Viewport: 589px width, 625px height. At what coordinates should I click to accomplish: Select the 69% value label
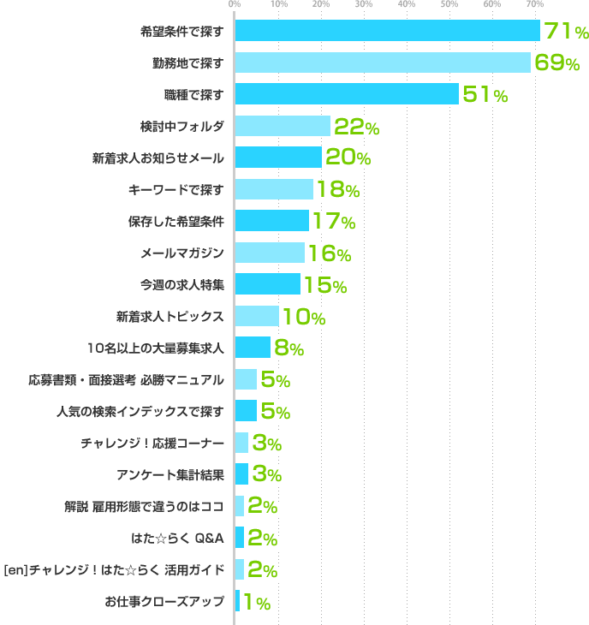click(x=556, y=62)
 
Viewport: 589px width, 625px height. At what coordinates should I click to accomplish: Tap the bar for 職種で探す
click(x=346, y=94)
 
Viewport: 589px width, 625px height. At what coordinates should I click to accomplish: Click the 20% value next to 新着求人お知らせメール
click(x=348, y=158)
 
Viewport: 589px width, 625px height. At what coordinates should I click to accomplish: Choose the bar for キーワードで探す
click(x=274, y=189)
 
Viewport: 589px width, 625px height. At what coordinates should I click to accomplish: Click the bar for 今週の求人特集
click(x=268, y=284)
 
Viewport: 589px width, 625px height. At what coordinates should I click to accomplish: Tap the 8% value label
click(x=289, y=348)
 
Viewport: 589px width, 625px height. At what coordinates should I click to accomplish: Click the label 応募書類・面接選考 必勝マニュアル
click(x=126, y=379)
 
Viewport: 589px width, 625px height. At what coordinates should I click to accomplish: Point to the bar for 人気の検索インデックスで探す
click(x=246, y=411)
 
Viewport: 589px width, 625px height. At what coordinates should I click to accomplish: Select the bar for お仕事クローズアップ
click(x=237, y=601)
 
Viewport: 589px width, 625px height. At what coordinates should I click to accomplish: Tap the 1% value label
click(x=257, y=602)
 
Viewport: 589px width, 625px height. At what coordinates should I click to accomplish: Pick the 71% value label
click(x=566, y=32)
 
